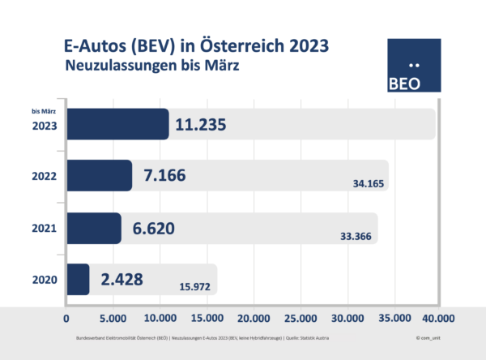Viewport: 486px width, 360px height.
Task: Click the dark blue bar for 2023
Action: [x=117, y=125]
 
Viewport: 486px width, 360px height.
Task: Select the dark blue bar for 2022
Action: [x=99, y=175]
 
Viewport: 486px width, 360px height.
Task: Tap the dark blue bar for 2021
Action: [x=93, y=229]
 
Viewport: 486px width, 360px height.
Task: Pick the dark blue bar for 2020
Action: [x=78, y=280]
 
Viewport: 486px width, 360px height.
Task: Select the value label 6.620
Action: [x=157, y=229]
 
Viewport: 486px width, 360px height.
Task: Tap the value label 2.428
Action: [x=122, y=280]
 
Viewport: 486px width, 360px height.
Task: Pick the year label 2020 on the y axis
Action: [x=44, y=281]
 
